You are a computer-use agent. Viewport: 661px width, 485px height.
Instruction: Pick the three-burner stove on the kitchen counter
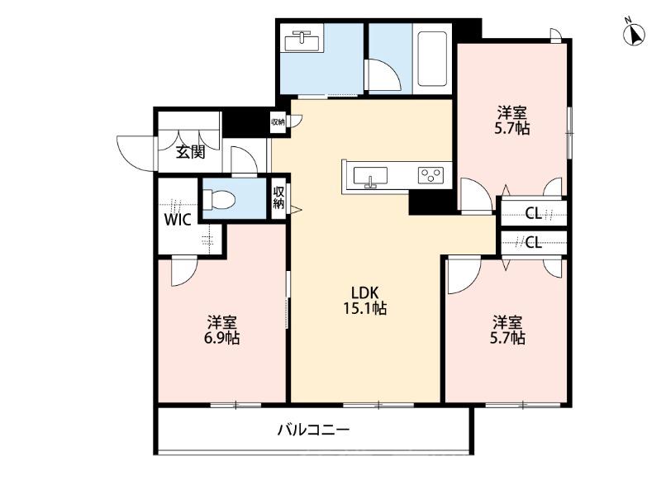[430, 175]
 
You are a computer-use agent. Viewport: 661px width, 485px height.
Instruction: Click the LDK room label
[364, 292]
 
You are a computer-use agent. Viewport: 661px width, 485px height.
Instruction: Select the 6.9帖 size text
[222, 338]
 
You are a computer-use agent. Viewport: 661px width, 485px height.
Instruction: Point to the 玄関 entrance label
[190, 152]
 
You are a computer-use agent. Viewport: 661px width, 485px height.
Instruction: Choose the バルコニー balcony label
[313, 430]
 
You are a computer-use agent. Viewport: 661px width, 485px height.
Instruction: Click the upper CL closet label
[533, 214]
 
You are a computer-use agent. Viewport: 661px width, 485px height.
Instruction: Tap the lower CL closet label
[533, 243]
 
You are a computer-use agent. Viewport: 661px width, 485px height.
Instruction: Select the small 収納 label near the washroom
[278, 122]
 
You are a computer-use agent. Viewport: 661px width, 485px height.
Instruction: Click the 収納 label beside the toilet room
[280, 198]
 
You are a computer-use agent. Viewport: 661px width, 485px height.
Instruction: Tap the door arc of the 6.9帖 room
[183, 271]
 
